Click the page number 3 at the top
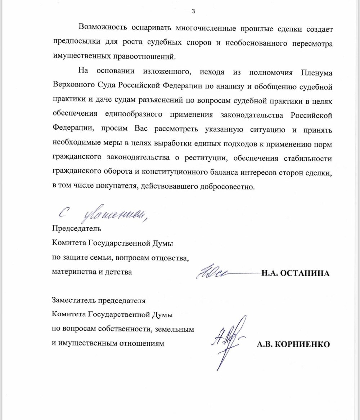pyautogui.click(x=193, y=11)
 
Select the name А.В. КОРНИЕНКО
pyautogui.click(x=293, y=344)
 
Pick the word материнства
pyautogui.click(x=72, y=272)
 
